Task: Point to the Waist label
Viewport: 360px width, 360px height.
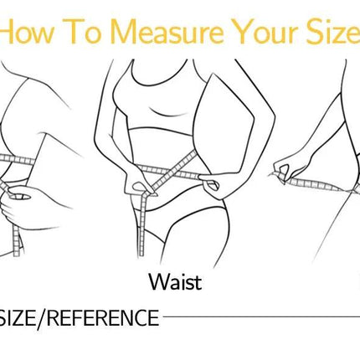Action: coord(174,282)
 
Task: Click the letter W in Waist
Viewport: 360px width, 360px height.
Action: coord(155,282)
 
